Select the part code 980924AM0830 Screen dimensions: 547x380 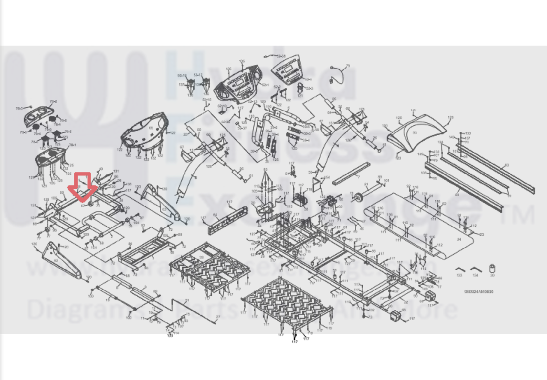(x=479, y=292)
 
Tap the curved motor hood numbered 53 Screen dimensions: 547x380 (x=415, y=133)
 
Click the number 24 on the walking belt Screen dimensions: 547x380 (x=459, y=239)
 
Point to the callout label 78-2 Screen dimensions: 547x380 (x=53, y=102)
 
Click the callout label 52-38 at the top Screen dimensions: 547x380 (x=281, y=56)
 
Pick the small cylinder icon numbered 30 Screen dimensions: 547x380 (x=492, y=269)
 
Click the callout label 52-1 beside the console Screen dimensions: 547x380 (x=265, y=85)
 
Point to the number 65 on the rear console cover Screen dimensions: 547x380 (x=151, y=128)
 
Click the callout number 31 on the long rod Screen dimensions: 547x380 (x=187, y=301)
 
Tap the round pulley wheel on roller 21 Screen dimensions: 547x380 (x=359, y=197)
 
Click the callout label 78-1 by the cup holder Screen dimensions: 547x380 (x=72, y=145)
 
